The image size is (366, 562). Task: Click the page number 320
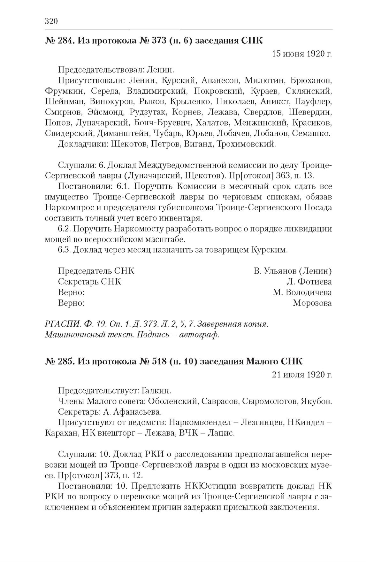[51, 21]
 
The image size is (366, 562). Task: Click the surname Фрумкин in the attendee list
[65, 91]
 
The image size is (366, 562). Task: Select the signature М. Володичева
[302, 292]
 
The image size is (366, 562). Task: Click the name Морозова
[312, 303]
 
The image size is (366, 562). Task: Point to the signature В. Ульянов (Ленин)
[293, 271]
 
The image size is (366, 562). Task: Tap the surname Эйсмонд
[104, 112]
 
